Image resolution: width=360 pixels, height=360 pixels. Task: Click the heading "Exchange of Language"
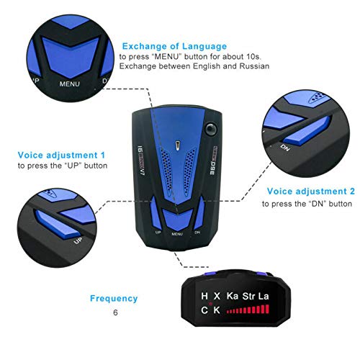(174, 46)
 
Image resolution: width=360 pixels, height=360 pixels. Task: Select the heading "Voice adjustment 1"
(62, 154)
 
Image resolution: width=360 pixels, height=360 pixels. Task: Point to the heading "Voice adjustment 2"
(311, 192)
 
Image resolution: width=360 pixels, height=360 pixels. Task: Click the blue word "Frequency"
(114, 298)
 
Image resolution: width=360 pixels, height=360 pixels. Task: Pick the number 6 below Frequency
(114, 313)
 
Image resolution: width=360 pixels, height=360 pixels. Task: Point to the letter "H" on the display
(205, 296)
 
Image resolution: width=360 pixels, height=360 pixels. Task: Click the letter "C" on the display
(205, 310)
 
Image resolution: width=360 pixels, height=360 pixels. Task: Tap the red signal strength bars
(249, 311)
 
